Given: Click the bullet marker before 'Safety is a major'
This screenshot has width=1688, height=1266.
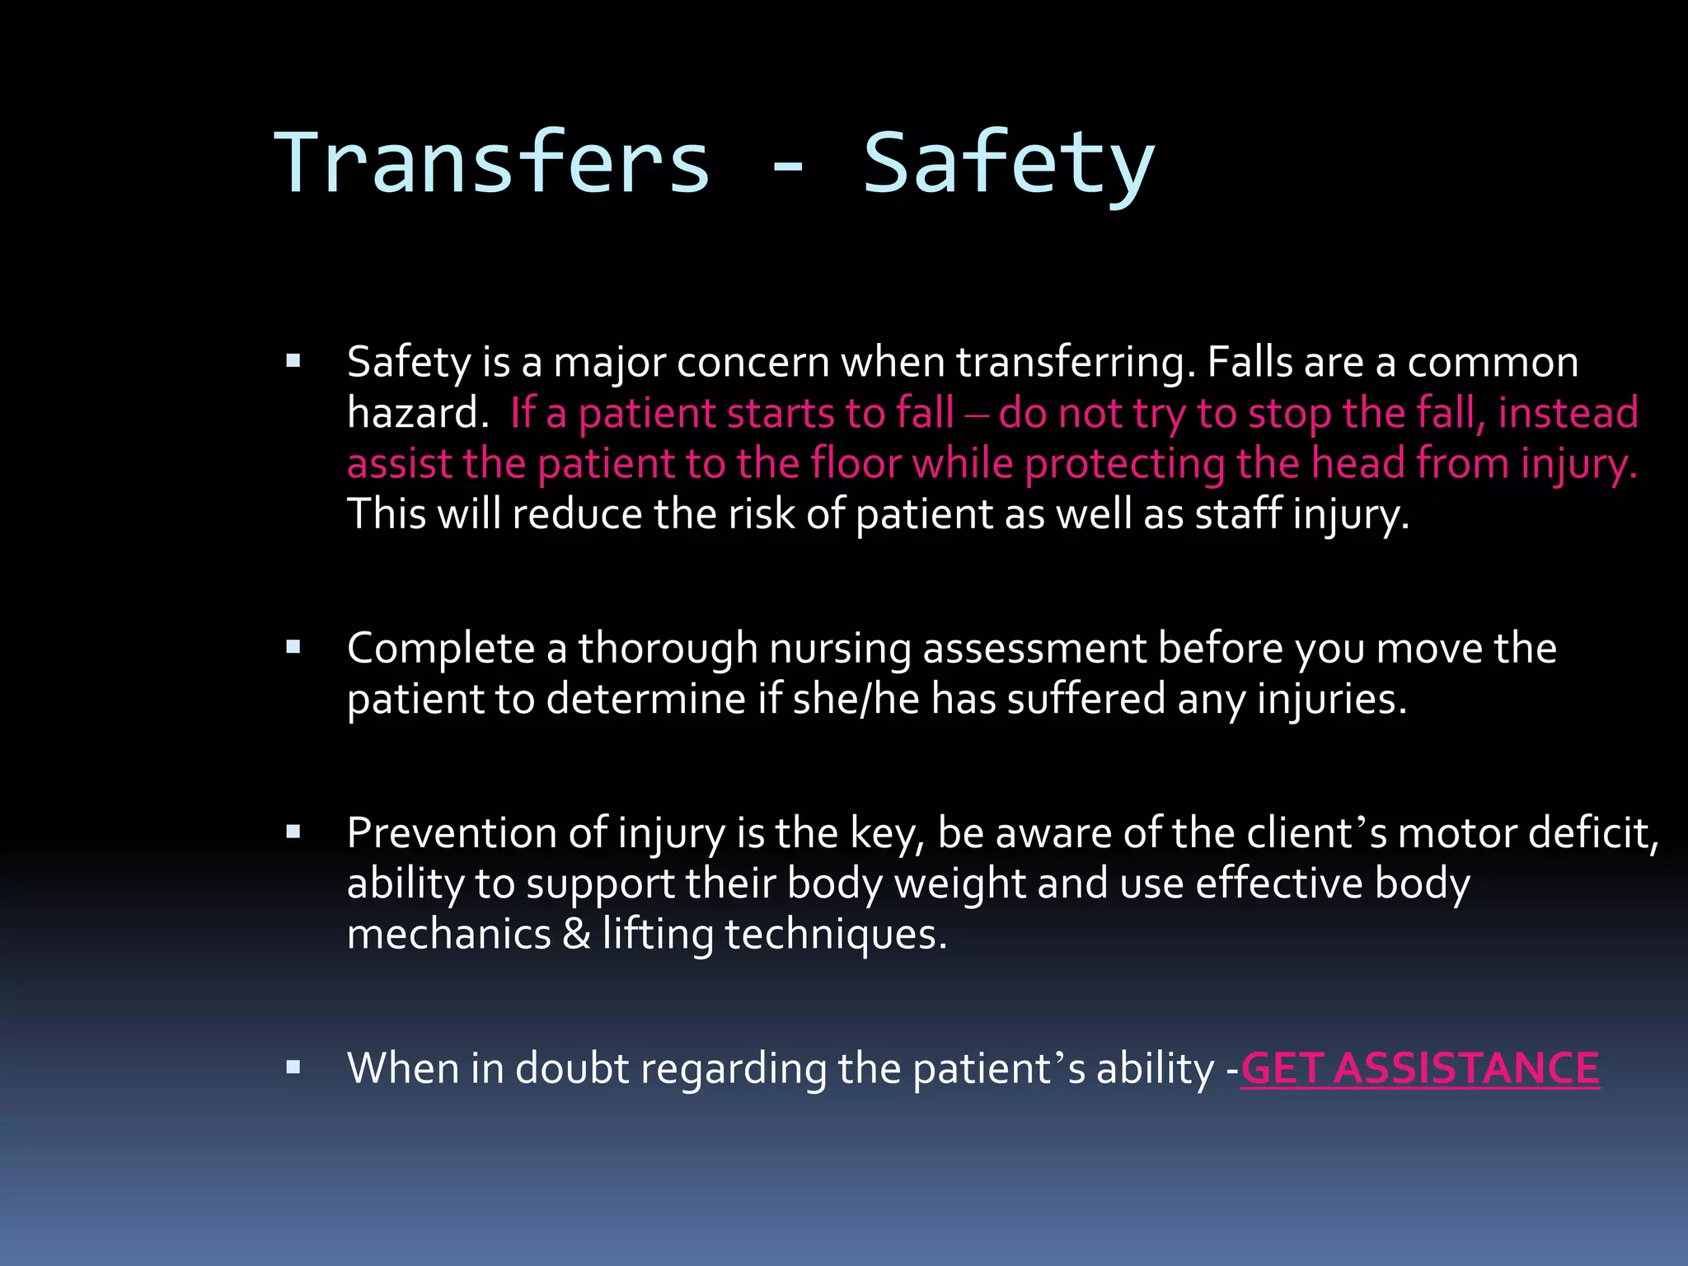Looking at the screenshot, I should point(293,361).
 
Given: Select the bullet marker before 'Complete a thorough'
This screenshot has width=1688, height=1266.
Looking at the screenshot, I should point(293,647).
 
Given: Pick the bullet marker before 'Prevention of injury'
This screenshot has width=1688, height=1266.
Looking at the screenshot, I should point(293,832).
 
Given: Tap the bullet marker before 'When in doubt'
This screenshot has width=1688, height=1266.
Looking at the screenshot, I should point(293,1067).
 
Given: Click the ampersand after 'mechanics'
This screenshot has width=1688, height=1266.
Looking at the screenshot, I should point(576,934).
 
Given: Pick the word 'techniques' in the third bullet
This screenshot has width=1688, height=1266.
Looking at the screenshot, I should point(836,935).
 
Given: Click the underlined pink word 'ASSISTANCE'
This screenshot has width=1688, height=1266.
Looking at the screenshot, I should point(1466,1068).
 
